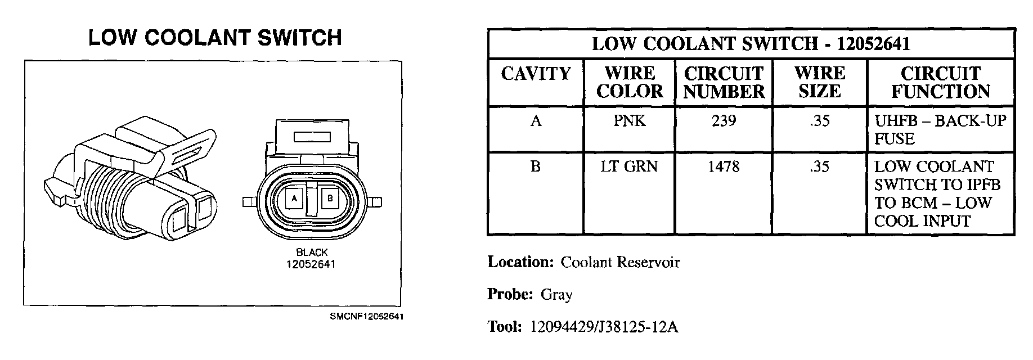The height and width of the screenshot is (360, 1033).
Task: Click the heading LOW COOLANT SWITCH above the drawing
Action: [x=215, y=38]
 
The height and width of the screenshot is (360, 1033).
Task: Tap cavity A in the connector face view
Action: [x=294, y=198]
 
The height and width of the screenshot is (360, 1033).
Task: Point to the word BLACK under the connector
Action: [x=312, y=253]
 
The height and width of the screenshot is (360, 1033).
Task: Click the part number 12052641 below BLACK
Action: [x=312, y=263]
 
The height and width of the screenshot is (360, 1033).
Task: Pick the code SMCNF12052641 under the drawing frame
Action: [x=367, y=317]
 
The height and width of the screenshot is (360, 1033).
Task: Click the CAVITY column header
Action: [x=536, y=74]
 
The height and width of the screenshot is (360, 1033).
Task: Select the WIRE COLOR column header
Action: [x=630, y=82]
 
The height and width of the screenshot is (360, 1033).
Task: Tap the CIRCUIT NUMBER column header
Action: [x=724, y=82]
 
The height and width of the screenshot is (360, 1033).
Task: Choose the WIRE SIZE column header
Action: [x=820, y=82]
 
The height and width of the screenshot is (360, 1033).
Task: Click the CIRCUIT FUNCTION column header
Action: [x=941, y=82]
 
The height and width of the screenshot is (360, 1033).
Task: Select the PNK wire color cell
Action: [x=630, y=121]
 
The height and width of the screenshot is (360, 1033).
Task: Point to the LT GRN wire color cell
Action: [x=630, y=166]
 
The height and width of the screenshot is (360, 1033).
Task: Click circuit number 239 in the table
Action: [x=724, y=121]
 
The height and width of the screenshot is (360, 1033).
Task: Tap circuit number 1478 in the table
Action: [x=724, y=166]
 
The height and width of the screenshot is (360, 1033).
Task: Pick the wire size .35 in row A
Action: [x=820, y=121]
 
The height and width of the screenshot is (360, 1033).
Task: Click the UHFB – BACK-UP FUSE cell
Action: [x=940, y=129]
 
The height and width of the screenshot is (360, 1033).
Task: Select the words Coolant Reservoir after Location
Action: [x=621, y=262]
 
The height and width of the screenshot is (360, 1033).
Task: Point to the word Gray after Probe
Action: [x=556, y=294]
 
